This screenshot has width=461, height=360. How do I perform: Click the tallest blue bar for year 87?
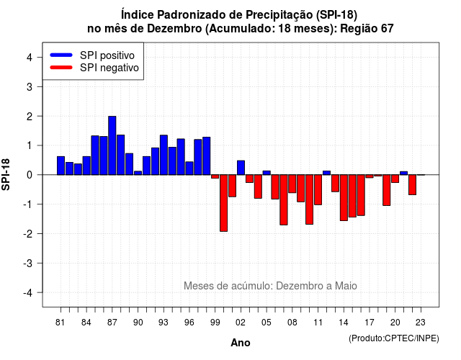pyautogui.click(x=112, y=145)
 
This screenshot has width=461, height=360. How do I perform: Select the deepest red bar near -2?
pyautogui.click(x=223, y=203)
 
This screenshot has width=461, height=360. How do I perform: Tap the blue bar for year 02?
pyautogui.click(x=241, y=168)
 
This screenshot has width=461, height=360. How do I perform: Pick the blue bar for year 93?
pyautogui.click(x=164, y=155)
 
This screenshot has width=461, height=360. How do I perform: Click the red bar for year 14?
pyautogui.click(x=344, y=198)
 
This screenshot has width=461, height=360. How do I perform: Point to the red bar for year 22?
pyautogui.click(x=412, y=185)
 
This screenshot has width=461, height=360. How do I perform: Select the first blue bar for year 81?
pyautogui.click(x=61, y=166)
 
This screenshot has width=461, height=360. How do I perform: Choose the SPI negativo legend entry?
pyautogui.click(x=94, y=68)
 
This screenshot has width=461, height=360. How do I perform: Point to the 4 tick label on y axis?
pyautogui.click(x=30, y=58)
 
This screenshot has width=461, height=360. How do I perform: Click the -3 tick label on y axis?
pyautogui.click(x=27, y=264)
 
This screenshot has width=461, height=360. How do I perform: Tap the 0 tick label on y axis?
pyautogui.click(x=30, y=175)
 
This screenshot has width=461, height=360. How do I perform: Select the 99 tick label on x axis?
pyautogui.click(x=215, y=323)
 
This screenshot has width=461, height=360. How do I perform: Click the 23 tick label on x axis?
pyautogui.click(x=421, y=323)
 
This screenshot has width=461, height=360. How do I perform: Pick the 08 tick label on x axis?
pyautogui.click(x=292, y=323)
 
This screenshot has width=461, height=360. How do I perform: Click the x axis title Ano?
pyautogui.click(x=241, y=343)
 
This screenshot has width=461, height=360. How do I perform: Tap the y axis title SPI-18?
pyautogui.click(x=6, y=174)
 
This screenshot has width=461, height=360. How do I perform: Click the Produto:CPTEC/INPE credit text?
pyautogui.click(x=394, y=338)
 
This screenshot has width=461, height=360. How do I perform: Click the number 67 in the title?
pyautogui.click(x=388, y=29)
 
